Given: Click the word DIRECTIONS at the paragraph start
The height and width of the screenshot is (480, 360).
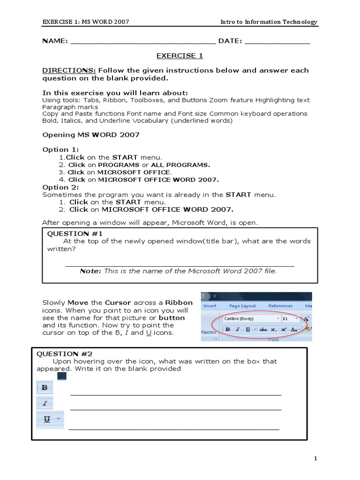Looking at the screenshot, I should [x=62, y=70].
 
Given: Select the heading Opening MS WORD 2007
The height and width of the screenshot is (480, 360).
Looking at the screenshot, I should [x=91, y=135].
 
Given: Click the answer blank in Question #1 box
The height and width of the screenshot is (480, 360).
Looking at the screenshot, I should [x=180, y=265].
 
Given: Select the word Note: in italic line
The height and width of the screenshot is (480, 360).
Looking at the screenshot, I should [x=90, y=271].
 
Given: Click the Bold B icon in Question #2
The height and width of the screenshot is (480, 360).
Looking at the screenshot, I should [x=45, y=388].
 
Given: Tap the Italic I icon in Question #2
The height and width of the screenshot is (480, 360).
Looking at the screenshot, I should [x=45, y=403].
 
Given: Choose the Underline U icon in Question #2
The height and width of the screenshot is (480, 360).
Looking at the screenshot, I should [x=47, y=419].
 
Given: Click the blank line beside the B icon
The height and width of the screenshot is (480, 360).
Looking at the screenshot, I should [x=176, y=394].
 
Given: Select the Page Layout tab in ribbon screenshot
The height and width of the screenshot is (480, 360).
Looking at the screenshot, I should [x=242, y=306].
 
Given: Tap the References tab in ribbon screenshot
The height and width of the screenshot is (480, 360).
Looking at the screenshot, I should [x=280, y=306].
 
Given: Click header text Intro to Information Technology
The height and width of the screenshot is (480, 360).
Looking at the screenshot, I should [x=269, y=22].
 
